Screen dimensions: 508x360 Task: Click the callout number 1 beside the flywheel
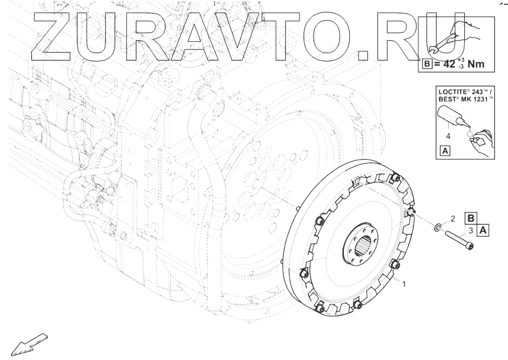404,284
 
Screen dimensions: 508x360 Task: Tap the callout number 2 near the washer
453,219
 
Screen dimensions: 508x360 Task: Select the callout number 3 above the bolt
471,231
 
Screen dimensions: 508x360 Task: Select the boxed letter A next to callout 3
483,231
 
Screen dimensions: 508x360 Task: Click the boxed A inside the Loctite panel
445,151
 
